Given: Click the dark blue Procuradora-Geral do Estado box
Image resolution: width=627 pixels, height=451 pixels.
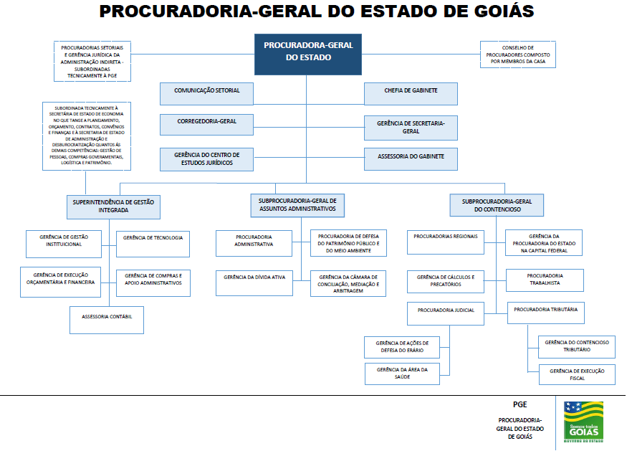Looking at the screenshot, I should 308,54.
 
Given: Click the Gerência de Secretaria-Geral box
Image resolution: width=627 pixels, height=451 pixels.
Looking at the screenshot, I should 411,128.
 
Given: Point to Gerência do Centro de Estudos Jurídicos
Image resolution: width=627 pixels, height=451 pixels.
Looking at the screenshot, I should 207,159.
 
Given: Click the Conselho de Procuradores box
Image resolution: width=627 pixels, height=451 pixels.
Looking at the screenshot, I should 518,54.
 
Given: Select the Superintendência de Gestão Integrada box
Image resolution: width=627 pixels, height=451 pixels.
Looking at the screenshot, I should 113,206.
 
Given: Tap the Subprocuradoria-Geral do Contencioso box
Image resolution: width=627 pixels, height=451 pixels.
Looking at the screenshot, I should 497,206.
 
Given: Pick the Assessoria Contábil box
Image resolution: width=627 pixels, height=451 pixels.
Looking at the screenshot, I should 107,319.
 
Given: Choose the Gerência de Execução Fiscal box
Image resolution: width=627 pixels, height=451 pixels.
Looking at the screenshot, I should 577,374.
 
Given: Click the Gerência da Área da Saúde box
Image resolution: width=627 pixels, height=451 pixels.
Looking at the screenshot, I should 401,374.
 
